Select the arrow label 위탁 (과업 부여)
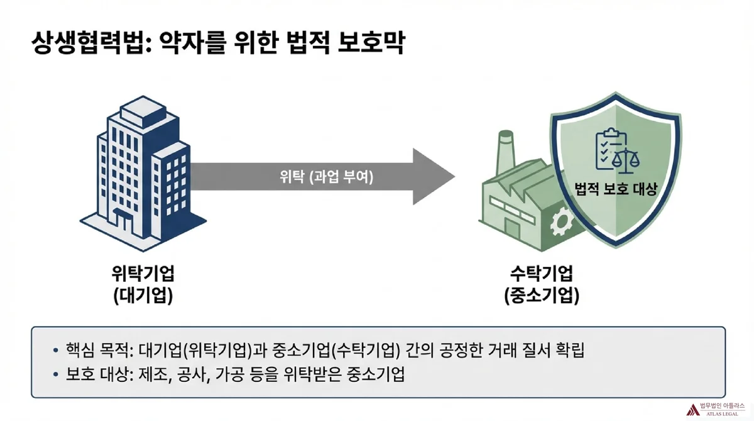click(326, 177)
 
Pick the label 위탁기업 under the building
click(143, 274)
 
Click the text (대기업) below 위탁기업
click(143, 296)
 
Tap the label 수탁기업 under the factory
click(541, 274)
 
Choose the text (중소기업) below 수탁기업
click(541, 296)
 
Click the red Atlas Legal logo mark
click(693, 409)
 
